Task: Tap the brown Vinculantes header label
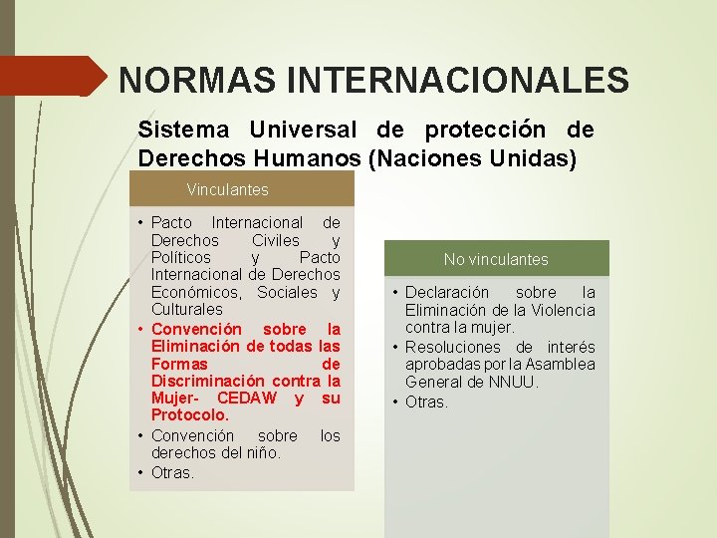click(x=227, y=188)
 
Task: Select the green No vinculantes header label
click(x=496, y=259)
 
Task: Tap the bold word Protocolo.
click(x=190, y=414)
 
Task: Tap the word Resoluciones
click(x=452, y=347)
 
